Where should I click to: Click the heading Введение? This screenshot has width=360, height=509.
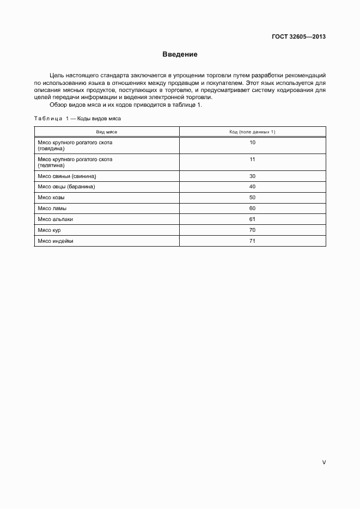(180, 54)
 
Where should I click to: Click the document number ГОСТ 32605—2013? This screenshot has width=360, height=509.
(298, 37)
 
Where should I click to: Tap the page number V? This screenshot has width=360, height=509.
(324, 462)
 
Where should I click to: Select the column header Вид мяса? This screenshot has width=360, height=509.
(107, 132)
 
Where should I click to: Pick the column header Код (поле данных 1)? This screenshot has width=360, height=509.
(252, 132)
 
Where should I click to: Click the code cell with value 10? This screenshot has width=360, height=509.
(252, 143)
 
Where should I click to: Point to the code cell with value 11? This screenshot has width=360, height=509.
(252, 160)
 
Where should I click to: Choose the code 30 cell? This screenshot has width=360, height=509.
(252, 176)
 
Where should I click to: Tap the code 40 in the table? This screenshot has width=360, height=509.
(252, 187)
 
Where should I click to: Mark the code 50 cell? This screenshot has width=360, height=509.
(252, 197)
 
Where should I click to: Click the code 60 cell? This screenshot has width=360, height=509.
(252, 208)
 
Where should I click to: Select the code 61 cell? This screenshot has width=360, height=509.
(252, 219)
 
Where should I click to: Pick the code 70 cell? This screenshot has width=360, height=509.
(252, 230)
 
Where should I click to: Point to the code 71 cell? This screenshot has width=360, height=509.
(252, 241)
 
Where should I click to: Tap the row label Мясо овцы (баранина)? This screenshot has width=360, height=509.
(66, 187)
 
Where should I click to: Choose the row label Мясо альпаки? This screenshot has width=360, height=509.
(55, 219)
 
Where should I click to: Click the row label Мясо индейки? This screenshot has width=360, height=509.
(55, 241)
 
